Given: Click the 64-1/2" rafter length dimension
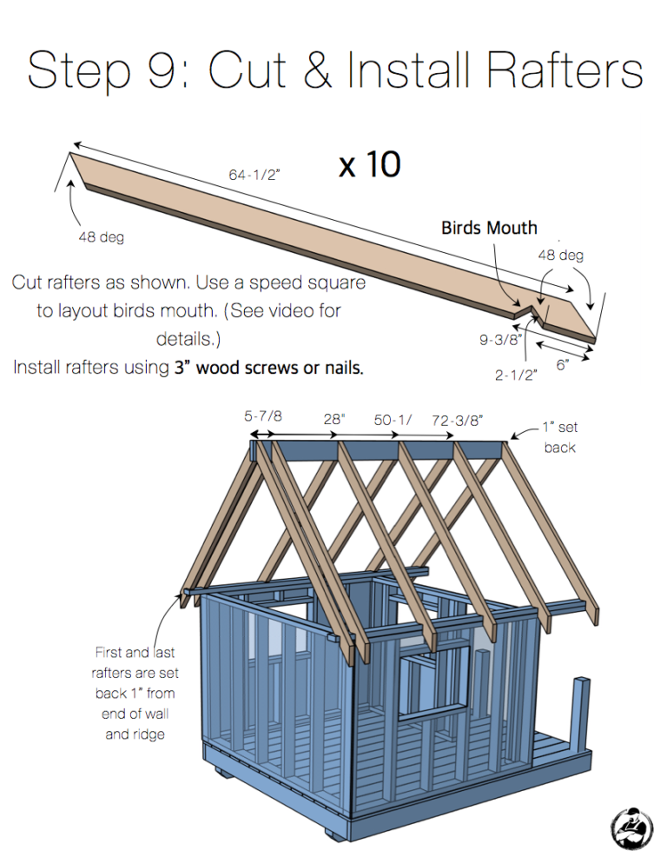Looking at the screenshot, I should coord(254,175).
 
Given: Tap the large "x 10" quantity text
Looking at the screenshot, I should coord(369,164).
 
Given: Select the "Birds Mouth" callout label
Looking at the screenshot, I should coord(489,229).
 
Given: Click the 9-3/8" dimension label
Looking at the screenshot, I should coord(499,341).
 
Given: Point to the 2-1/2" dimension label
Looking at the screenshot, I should coord(516,375).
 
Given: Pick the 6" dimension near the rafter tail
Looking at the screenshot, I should coord(562,366).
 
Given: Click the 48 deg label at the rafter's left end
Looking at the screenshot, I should coord(101,237).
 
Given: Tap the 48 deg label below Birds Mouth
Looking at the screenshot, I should coord(560,256).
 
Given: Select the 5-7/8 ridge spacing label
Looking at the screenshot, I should coord(263,417).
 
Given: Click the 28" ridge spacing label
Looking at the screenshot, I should coord(334,419).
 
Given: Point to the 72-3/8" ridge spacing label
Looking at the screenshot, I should coord(457,421).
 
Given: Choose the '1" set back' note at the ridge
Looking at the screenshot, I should coord(559,437).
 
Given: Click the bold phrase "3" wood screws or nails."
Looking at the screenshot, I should coord(268,368).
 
